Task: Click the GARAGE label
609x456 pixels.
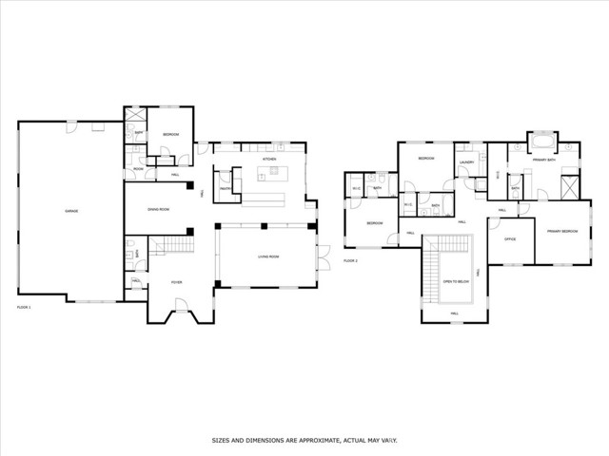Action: click(71, 210)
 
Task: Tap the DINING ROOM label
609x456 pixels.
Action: click(158, 209)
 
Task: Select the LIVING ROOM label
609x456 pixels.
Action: click(267, 256)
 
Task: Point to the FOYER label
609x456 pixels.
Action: click(176, 282)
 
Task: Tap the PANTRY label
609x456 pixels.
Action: click(226, 188)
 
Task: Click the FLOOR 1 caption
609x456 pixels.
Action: click(24, 307)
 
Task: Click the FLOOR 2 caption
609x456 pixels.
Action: click(350, 259)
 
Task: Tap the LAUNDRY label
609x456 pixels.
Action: click(466, 162)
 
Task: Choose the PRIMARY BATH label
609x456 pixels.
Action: click(544, 161)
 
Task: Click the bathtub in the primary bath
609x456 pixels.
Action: click(543, 143)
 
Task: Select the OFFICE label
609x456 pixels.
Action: click(509, 238)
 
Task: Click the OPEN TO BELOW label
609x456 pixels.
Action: click(455, 281)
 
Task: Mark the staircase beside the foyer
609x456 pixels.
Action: click(169, 246)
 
